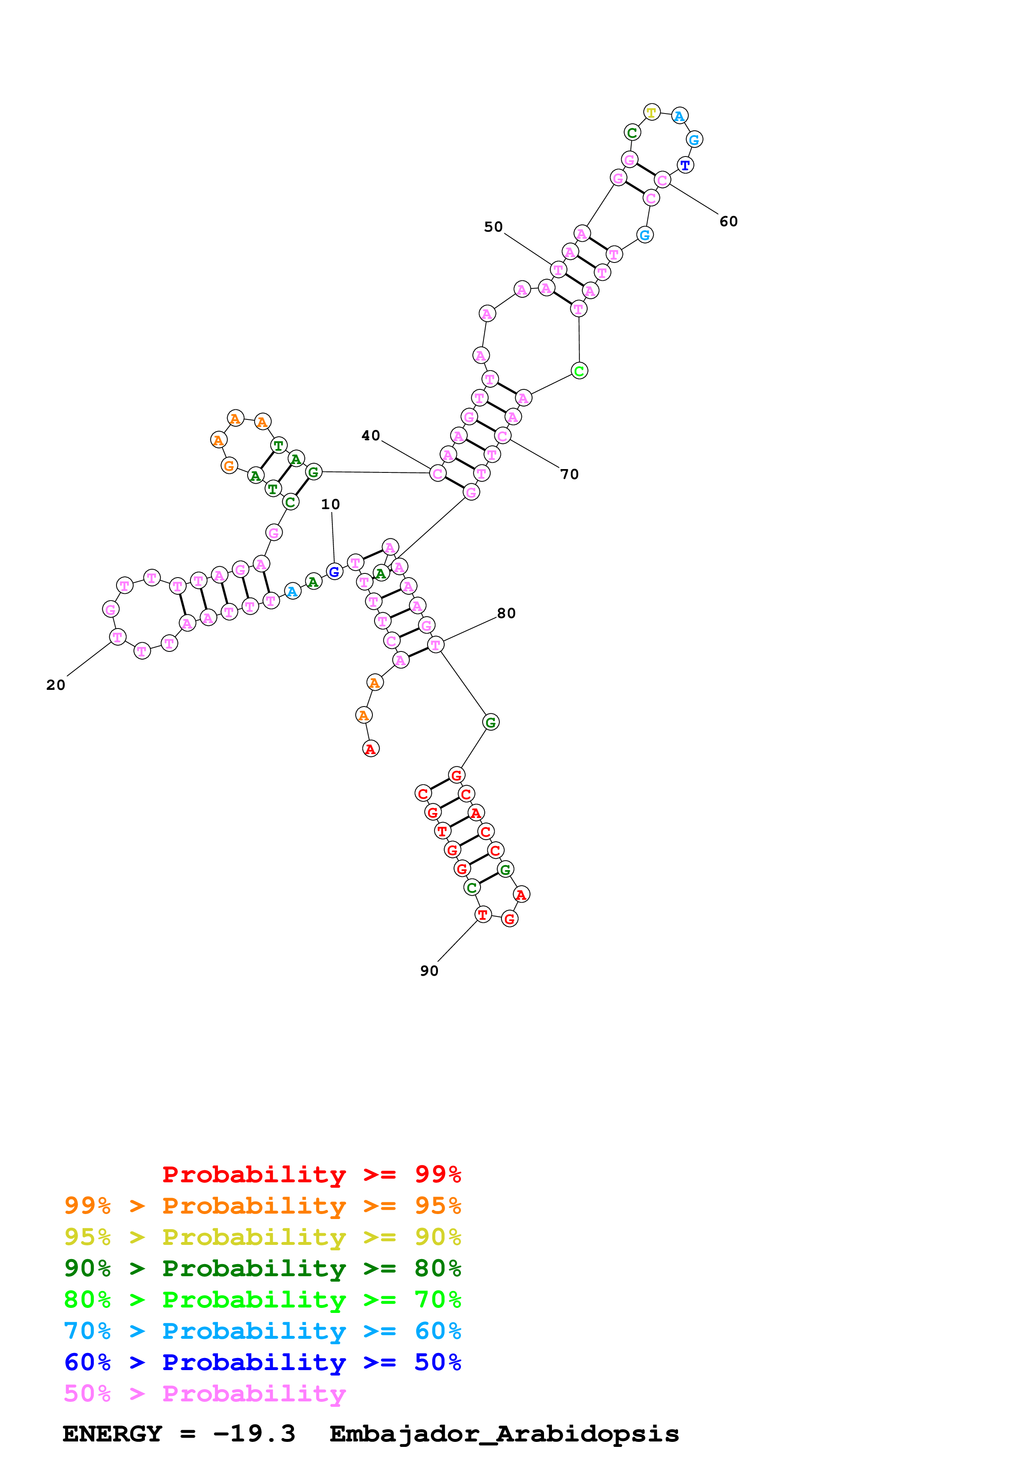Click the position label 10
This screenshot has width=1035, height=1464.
(x=330, y=505)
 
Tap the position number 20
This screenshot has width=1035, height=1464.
(x=56, y=685)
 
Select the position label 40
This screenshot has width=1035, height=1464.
(x=370, y=436)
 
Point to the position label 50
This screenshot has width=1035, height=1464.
(x=493, y=227)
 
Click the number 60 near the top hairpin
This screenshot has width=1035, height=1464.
(x=728, y=221)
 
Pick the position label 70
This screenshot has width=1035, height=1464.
(x=569, y=475)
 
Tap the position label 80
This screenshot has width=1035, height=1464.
(x=506, y=613)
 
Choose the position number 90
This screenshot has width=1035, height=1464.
(x=429, y=971)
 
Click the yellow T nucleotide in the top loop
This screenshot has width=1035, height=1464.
(x=651, y=113)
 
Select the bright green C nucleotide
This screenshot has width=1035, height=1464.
(x=579, y=371)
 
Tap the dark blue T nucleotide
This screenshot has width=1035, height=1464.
(x=685, y=166)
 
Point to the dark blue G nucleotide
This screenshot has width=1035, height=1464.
(x=334, y=572)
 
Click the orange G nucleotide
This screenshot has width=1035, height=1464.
(x=229, y=466)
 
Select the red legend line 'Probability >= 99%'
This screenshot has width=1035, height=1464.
(x=311, y=1174)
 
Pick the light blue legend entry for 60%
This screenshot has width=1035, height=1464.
(x=262, y=1331)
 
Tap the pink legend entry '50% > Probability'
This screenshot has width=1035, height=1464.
(x=205, y=1394)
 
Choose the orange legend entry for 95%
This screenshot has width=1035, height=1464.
(x=262, y=1206)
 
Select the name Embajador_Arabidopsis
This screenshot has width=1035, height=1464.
(x=504, y=1434)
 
